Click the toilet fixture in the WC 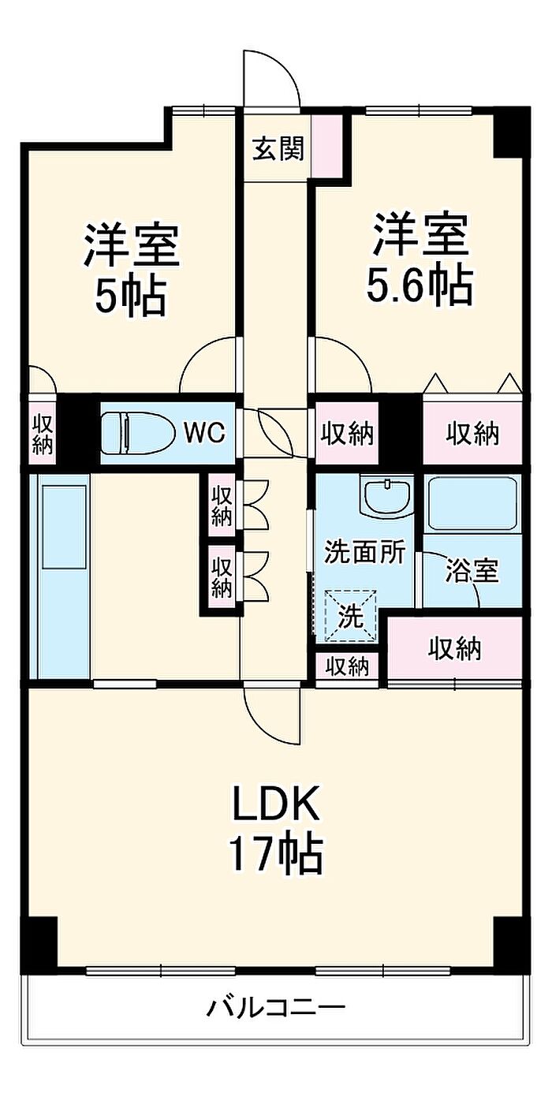138,432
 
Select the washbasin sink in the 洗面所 386,497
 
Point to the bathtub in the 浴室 472,504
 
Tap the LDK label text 276,802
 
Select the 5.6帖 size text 420,285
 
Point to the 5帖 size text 131,296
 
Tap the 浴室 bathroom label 472,570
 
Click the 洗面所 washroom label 365,552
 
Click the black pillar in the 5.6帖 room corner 511,132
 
